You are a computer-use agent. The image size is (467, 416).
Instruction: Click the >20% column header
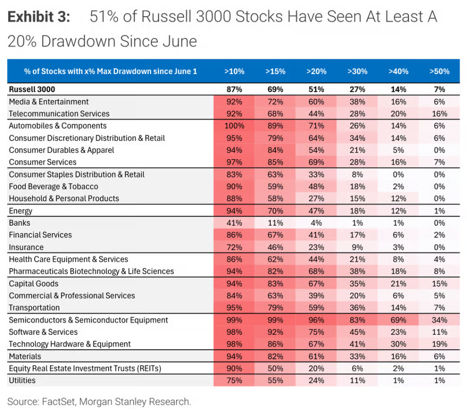[317, 71]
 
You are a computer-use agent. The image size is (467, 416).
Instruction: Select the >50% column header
[439, 71]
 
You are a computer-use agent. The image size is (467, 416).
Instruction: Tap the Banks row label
[19, 223]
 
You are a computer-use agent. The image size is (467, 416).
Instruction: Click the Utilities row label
[22, 380]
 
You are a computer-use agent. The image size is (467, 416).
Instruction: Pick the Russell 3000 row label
[32, 89]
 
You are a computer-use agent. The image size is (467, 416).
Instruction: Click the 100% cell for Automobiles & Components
[234, 126]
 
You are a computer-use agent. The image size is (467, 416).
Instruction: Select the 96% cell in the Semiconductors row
[317, 320]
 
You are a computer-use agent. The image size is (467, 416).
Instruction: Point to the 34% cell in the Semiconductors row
[440, 320]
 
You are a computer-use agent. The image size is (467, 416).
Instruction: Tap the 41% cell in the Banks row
[234, 223]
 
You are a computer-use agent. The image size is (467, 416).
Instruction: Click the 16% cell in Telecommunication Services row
[440, 114]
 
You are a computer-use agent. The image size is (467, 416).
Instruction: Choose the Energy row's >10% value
[234, 211]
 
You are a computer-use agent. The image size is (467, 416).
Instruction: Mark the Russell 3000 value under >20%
[317, 89]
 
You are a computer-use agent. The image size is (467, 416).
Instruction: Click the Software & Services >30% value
[358, 332]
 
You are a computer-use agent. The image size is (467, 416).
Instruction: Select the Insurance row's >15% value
[275, 247]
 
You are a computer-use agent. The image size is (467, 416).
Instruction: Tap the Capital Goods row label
[34, 284]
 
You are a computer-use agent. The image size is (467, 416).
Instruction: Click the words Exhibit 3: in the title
[39, 17]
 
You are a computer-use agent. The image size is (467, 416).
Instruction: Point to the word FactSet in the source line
[58, 402]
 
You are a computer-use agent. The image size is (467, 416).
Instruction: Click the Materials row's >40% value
[399, 356]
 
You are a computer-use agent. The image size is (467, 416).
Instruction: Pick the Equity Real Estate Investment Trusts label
[85, 369]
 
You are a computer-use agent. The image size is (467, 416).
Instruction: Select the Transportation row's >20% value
[317, 307]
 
